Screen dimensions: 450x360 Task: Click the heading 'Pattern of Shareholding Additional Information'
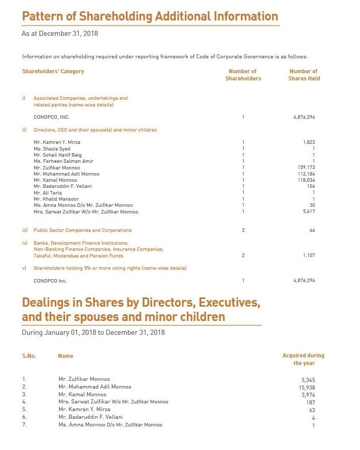(x=150, y=16)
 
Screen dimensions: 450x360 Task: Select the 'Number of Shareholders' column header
(x=243, y=75)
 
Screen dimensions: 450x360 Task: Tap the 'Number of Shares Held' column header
(x=304, y=75)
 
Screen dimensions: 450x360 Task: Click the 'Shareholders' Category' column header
(x=53, y=71)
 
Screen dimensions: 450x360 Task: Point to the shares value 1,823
(x=309, y=142)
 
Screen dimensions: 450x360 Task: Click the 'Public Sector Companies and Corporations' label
(x=82, y=230)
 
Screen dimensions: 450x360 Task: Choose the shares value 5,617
(x=309, y=212)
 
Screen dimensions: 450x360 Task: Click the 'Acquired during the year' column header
(x=304, y=359)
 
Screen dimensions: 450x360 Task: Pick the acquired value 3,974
(x=307, y=395)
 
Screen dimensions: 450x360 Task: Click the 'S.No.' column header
(x=29, y=356)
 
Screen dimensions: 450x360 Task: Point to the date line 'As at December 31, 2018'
(x=59, y=34)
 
